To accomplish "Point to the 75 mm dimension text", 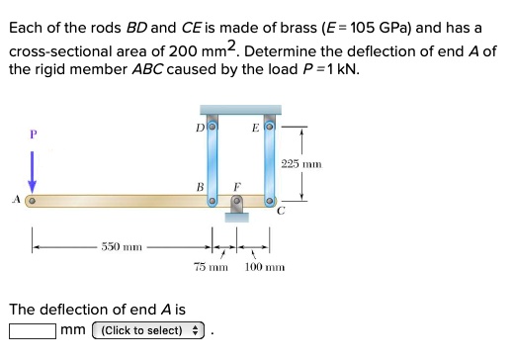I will (x=210, y=268).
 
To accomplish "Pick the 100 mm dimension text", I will (x=264, y=268).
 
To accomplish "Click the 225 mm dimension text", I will (x=300, y=162).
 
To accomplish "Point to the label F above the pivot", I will (x=235, y=185).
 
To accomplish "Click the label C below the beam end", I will (x=280, y=211).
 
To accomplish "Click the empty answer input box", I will (x=32, y=330).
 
